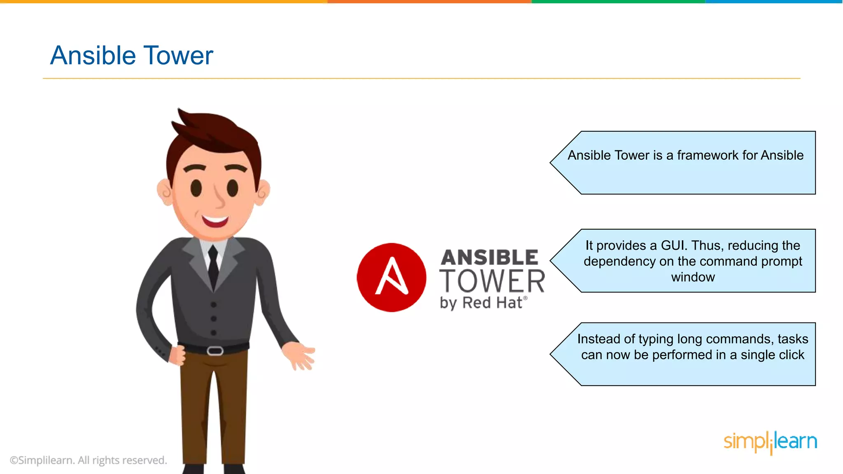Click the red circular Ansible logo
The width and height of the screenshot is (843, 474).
(391, 277)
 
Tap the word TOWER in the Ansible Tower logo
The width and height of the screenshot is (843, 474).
(492, 281)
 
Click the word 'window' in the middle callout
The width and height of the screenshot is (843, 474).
(693, 277)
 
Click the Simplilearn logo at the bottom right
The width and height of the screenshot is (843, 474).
(770, 442)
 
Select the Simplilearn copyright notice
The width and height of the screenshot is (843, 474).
(88, 460)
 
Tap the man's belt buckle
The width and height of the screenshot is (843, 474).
(215, 351)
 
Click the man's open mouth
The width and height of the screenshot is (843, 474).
(215, 221)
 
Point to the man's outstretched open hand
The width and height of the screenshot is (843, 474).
(302, 355)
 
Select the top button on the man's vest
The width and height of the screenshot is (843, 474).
(214, 305)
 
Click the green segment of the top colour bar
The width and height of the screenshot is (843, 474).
(617, 2)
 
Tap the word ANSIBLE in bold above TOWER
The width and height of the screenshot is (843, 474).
(489, 258)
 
